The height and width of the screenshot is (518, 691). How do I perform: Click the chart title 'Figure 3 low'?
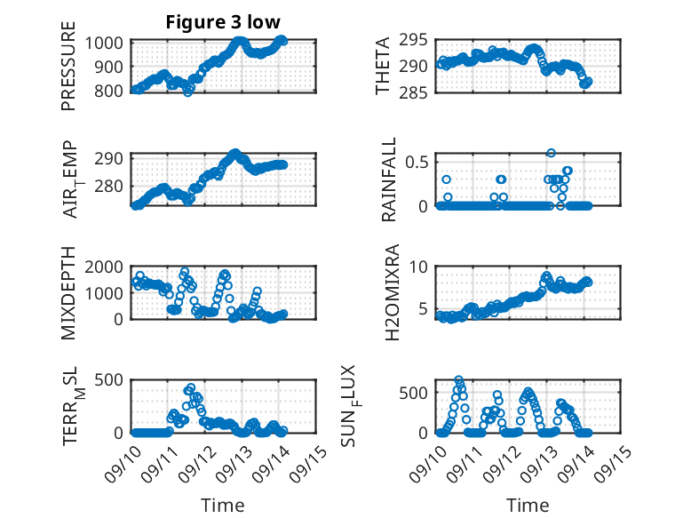[224, 22]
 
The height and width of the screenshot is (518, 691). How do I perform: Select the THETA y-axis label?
[384, 66]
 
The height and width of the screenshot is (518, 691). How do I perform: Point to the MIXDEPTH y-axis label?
[68, 292]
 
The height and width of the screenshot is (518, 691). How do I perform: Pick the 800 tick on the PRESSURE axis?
[114, 91]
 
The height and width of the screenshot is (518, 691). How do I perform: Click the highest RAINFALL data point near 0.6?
[551, 153]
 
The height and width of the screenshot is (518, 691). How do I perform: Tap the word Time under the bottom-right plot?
[528, 505]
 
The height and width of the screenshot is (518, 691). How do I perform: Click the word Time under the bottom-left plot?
[224, 505]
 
